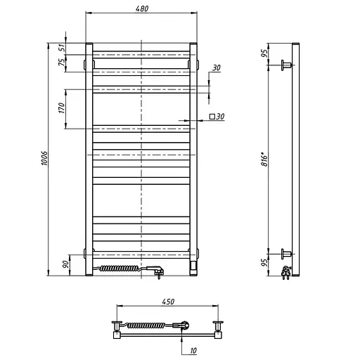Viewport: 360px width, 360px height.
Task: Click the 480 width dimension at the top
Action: point(142,8)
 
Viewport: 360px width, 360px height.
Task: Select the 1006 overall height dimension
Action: point(44,158)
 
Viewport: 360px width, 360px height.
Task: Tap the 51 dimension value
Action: point(62,48)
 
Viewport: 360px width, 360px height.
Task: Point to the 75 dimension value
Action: point(62,62)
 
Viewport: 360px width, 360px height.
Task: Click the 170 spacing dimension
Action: point(61,108)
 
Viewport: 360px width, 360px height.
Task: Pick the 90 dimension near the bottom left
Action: point(66,264)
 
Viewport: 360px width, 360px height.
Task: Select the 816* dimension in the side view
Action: point(264,160)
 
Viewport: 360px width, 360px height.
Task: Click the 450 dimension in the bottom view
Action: point(168,302)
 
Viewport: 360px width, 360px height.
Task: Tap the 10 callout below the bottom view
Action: point(193,351)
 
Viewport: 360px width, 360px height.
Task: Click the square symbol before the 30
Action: point(212,117)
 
